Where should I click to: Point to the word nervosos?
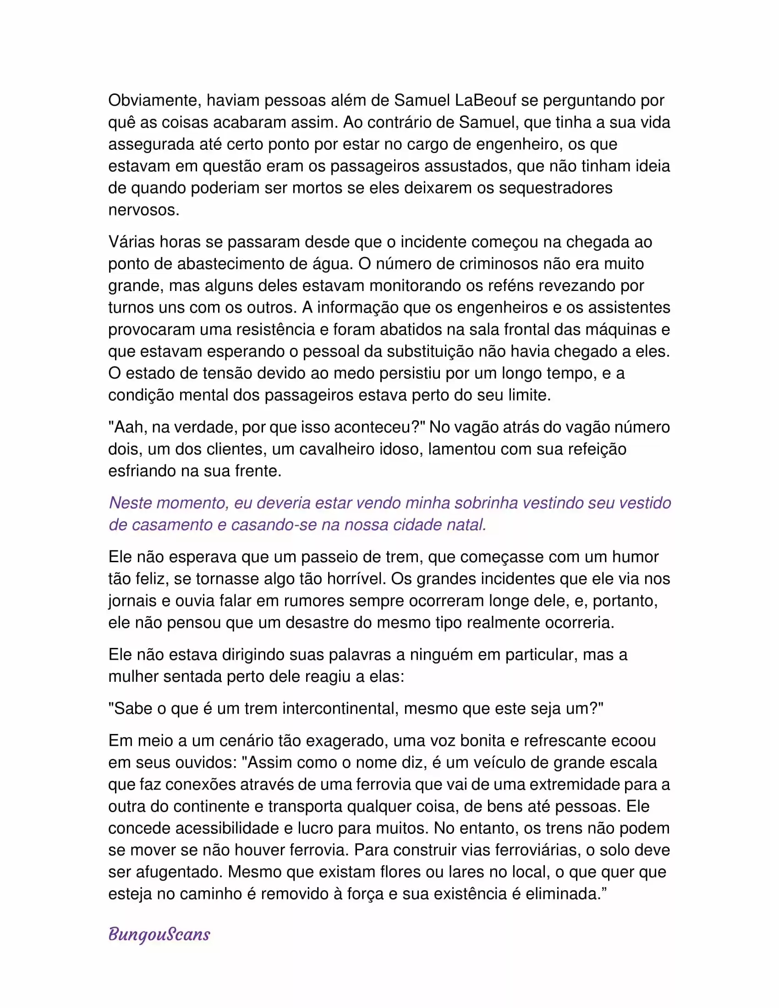(143, 210)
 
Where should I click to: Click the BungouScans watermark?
(159, 935)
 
